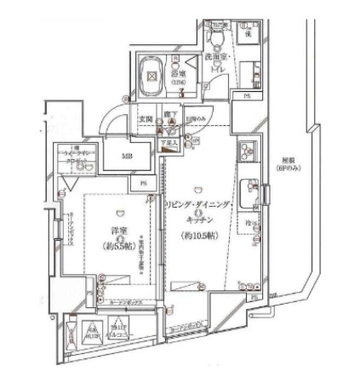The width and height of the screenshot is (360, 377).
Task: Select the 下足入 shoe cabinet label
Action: coord(170,146)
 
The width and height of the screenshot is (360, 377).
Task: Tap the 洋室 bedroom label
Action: coord(117,231)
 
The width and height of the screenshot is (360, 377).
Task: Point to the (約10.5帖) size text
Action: coord(197,235)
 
